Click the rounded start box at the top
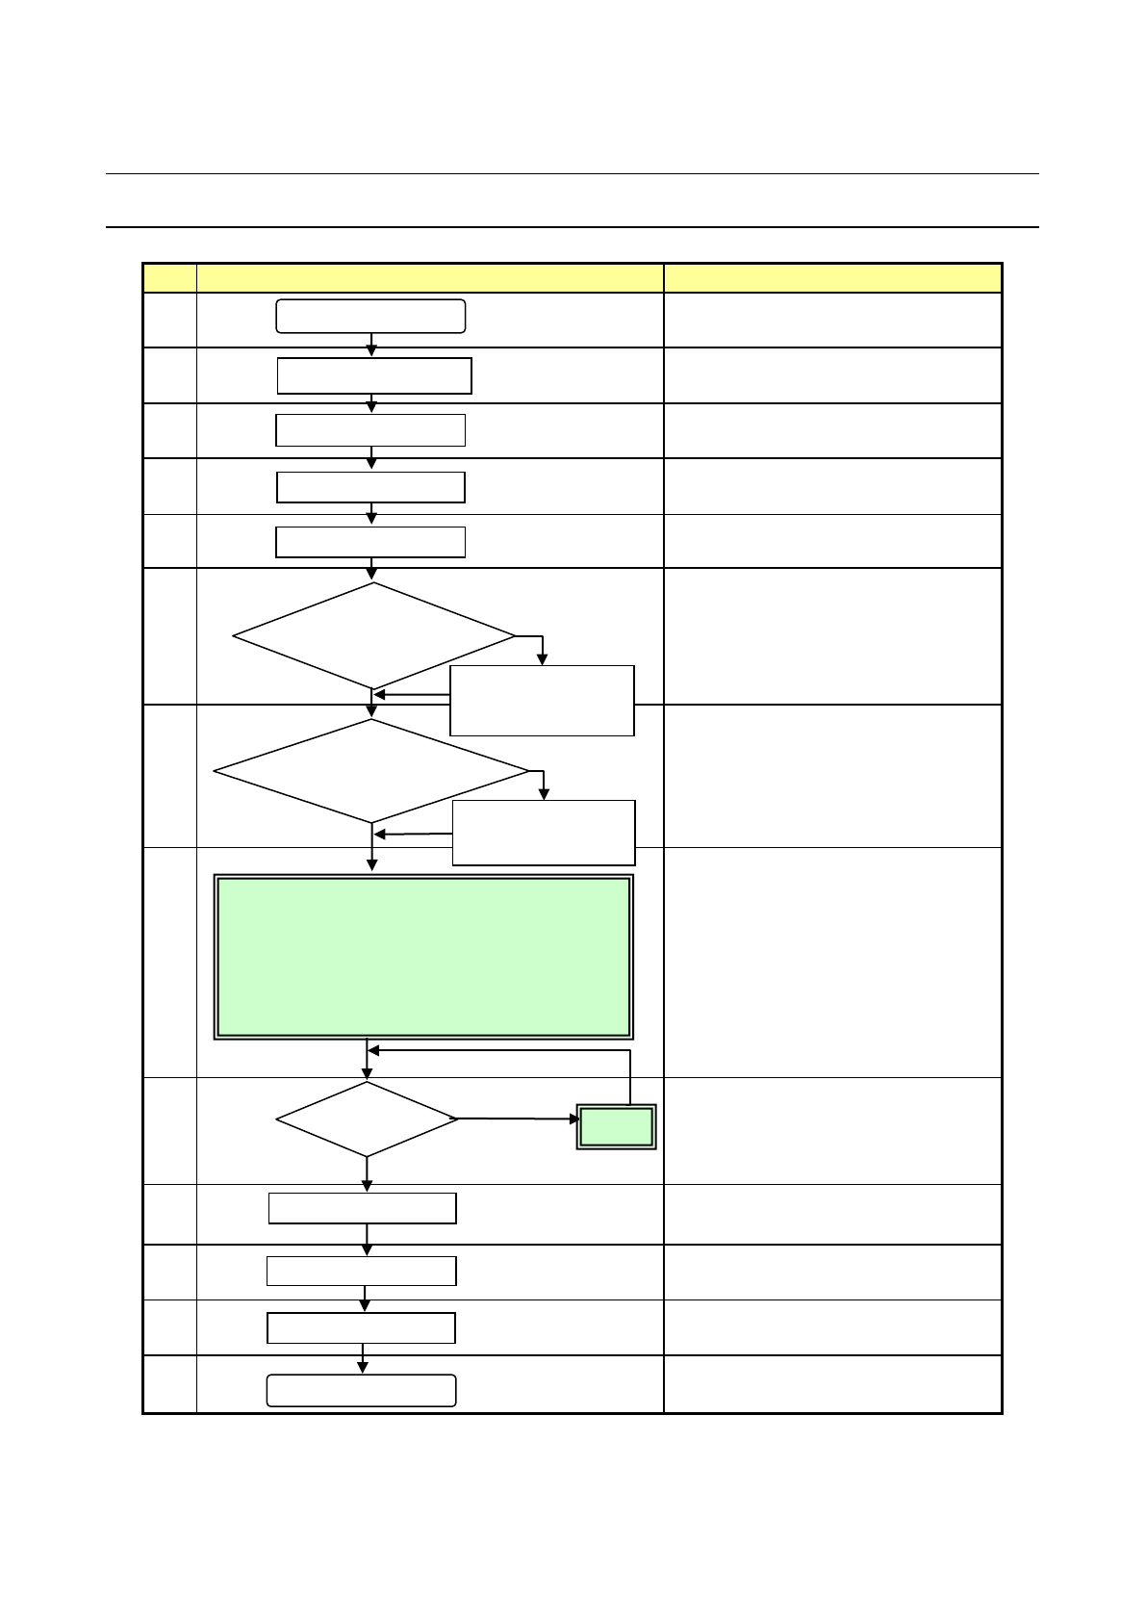[370, 316]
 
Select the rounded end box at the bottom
[361, 1390]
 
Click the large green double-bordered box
[423, 957]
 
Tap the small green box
[617, 1126]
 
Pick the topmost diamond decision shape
[374, 635]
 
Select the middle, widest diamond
[371, 771]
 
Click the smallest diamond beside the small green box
[367, 1119]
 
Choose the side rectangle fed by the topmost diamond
[542, 701]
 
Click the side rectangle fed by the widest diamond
[544, 833]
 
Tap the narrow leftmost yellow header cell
[169, 278]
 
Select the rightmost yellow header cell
[832, 278]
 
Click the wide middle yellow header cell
[429, 278]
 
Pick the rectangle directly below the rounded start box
[374, 375]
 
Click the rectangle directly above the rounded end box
[361, 1328]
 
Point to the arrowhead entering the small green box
[573, 1119]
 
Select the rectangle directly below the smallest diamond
[362, 1208]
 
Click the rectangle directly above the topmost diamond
[370, 542]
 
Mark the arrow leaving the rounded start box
[371, 345]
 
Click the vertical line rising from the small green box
[630, 1077]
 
